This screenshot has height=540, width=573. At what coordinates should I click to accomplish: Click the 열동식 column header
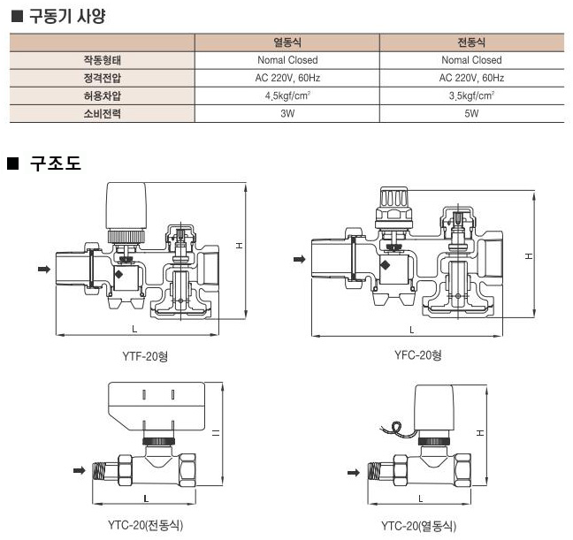287,42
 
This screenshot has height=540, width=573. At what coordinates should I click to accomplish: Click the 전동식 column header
471,42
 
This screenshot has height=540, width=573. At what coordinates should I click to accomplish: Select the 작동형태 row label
103,60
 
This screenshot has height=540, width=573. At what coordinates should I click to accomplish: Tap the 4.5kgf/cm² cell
287,95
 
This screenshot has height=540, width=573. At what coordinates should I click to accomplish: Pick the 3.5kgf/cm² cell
471,95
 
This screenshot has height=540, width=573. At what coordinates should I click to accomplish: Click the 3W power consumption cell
287,113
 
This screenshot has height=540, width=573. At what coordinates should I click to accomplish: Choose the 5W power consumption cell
471,113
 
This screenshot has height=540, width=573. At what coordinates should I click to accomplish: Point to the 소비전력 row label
103,114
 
